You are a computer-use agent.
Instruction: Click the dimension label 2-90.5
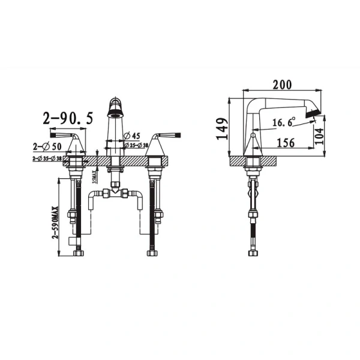[x=67, y=119]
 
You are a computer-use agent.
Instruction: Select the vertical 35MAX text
[x=97, y=176]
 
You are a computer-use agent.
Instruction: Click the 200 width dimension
[x=282, y=86]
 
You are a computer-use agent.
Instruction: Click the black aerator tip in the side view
[x=313, y=113]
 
